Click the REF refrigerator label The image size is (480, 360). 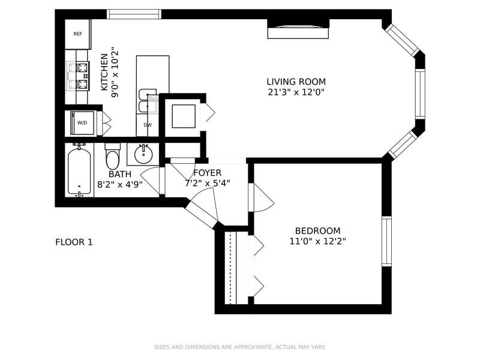pos(78,34)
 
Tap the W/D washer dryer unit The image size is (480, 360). pos(82,123)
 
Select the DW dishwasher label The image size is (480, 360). pos(148,125)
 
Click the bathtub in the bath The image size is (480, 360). pos(79,170)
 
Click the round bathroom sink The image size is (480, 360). pos(143,154)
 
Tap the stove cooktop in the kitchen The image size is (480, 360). pos(78,76)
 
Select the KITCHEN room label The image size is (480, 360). pos(104,72)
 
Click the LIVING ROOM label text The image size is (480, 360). pos(296,82)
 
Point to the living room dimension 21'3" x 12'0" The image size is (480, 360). pos(296,92)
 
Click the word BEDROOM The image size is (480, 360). pos(317,230)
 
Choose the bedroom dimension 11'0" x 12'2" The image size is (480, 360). pos(318,241)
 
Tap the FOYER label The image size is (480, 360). pos(207,173)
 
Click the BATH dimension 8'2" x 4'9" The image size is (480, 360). pos(119,185)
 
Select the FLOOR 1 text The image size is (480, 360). pos(74,242)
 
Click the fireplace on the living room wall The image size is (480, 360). pos(298,29)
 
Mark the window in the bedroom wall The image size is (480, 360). pos(386,241)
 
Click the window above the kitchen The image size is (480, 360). pos(134,14)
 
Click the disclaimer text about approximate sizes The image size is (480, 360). pos(239,347)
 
